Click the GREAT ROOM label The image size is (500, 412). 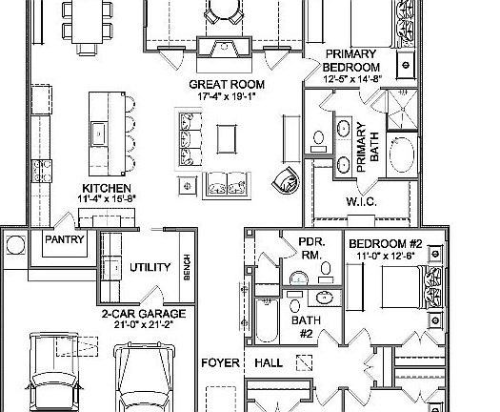click(x=227, y=85)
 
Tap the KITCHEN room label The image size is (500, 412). click(x=107, y=189)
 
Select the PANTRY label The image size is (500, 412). click(x=65, y=239)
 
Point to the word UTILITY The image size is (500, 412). click(x=150, y=267)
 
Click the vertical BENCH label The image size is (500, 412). click(x=188, y=267)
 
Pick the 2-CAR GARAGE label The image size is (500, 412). click(x=144, y=314)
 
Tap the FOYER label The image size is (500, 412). click(x=220, y=362)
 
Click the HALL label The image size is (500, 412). click(x=269, y=362)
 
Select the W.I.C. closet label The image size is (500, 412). click(x=362, y=202)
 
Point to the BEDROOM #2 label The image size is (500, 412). click(x=386, y=244)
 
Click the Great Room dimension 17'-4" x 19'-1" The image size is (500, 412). click(x=227, y=96)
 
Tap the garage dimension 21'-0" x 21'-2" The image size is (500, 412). click(x=144, y=325)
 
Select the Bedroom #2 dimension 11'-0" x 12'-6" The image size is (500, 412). click(x=386, y=256)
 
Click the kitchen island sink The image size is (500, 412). click(x=99, y=134)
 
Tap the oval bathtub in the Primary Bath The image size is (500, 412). click(x=402, y=154)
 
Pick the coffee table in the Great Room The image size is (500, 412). click(x=227, y=139)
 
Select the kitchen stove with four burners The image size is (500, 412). click(x=42, y=171)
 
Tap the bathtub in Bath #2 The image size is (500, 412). click(x=267, y=320)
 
